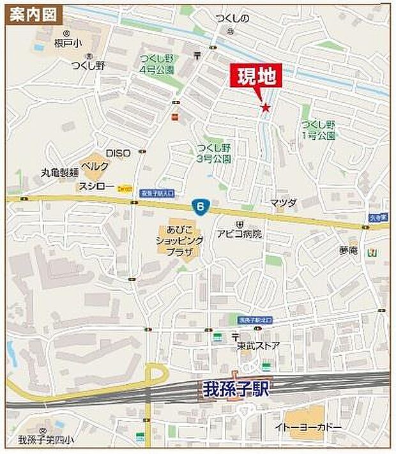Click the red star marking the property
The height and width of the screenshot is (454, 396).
265,107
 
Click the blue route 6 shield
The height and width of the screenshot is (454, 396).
201,206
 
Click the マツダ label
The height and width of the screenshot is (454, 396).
284,202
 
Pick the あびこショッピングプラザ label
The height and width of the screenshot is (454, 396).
178,240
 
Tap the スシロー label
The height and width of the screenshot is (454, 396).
96,186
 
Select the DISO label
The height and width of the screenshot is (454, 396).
118,153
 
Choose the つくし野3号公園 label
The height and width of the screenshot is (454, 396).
213,152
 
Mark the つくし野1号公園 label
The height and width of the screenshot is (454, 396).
318,130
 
